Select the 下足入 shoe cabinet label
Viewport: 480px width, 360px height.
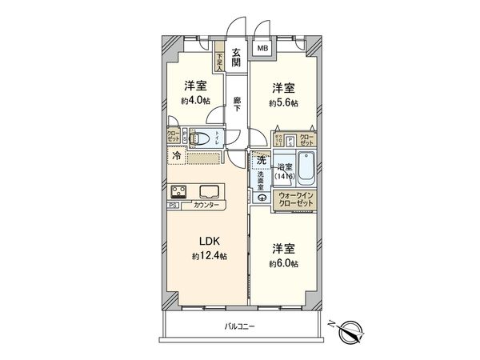click(219, 61)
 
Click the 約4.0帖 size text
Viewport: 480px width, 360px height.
click(195, 101)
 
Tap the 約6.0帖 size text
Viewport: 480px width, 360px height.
click(283, 263)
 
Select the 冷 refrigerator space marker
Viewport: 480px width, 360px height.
click(176, 157)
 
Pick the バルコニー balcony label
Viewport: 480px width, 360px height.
click(239, 326)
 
